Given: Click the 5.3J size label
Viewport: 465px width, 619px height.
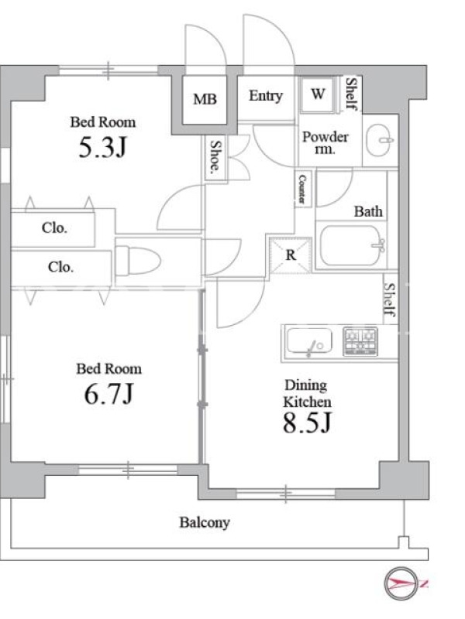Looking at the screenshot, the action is (102, 148).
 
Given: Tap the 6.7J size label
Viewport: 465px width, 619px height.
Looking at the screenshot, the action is (109, 394).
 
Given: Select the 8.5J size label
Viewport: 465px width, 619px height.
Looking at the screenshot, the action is (307, 422).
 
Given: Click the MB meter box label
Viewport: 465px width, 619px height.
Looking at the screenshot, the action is (205, 99).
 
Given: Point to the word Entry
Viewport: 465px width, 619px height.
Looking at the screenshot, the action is (266, 95).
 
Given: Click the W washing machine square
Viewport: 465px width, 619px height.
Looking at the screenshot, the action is (318, 94).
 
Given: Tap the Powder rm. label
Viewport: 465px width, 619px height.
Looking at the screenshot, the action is (325, 143).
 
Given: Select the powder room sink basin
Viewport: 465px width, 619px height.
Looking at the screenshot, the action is (380, 140).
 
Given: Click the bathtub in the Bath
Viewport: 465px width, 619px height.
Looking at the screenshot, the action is (351, 245).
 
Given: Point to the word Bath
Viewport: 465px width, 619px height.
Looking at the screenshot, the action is (368, 211).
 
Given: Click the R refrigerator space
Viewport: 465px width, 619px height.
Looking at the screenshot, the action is (291, 255).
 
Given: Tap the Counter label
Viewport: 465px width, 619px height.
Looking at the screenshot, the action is (302, 190).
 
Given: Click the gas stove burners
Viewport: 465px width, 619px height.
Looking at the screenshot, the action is (360, 341).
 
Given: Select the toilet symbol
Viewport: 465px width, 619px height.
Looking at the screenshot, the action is (138, 260).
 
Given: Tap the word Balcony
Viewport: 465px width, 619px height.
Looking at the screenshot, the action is (205, 523).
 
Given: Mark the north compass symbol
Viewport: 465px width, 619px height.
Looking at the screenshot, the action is (401, 583).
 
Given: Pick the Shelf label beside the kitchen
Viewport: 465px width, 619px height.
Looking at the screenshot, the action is (390, 300).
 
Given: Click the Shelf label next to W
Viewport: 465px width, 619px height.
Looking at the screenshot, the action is (351, 94).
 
